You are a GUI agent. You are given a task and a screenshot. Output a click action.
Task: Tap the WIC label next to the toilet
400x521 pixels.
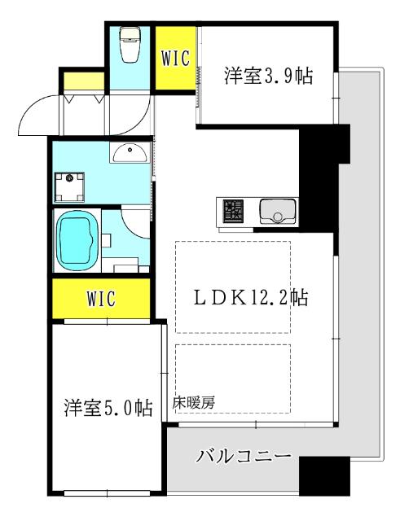[x=174, y=59]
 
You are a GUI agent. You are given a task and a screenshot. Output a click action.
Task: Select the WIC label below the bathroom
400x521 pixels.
[x=101, y=298]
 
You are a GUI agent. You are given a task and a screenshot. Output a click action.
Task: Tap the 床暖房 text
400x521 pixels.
[x=194, y=402]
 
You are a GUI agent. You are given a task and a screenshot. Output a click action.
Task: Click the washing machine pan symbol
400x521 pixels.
[x=72, y=187]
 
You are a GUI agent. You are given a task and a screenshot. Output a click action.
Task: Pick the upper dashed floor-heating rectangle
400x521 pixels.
[x=232, y=287]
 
